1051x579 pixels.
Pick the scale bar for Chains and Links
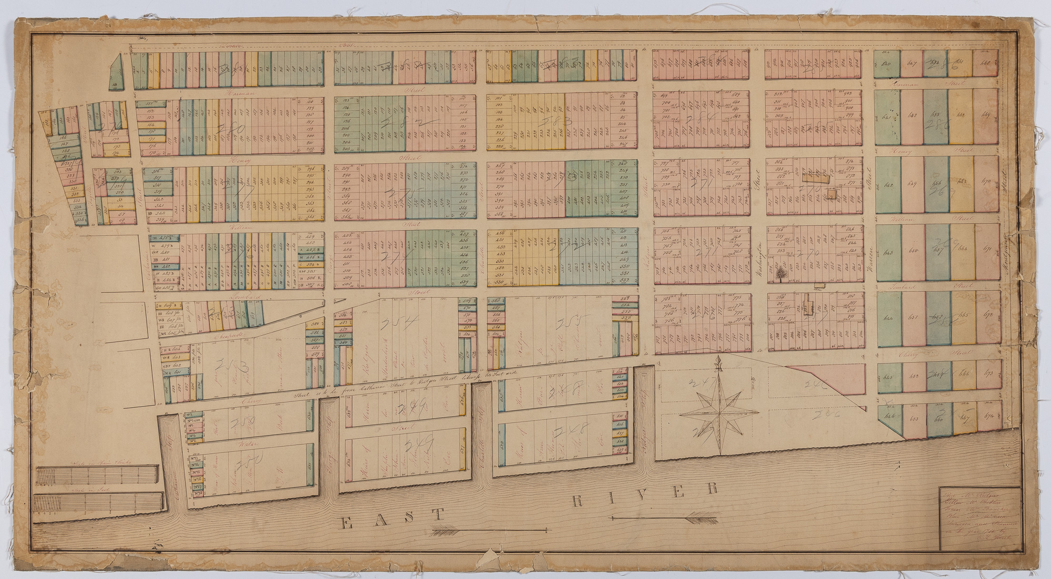coord(97,477)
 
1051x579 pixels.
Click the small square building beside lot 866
coord(832,195)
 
